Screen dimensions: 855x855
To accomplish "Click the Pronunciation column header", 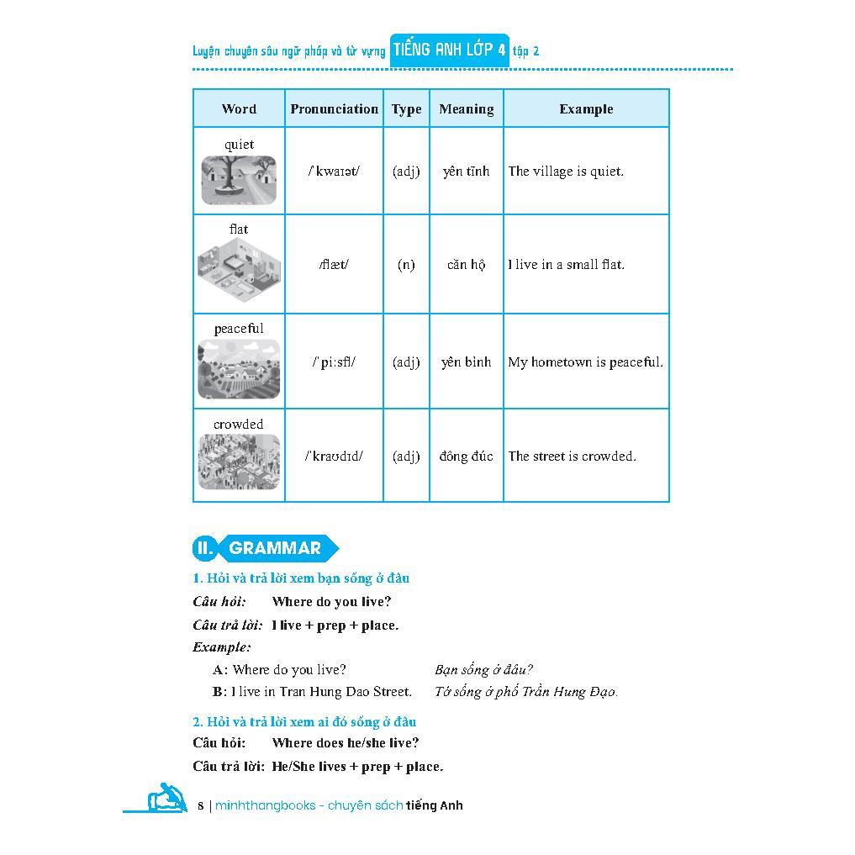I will click(x=334, y=108).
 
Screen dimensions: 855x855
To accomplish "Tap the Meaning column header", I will click(x=466, y=108).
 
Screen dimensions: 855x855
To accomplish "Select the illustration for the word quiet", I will click(x=239, y=180).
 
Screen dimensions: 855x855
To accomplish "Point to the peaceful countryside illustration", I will click(x=239, y=369).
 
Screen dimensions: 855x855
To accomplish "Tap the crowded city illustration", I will click(x=239, y=462).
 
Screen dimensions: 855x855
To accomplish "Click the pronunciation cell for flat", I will click(x=334, y=264).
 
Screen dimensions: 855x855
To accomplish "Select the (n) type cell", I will click(x=406, y=264).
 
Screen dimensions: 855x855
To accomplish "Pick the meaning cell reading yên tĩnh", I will click(x=466, y=171).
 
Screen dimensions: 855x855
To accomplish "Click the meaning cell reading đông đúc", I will click(x=466, y=456).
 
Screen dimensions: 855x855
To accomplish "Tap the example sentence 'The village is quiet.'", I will click(x=566, y=171).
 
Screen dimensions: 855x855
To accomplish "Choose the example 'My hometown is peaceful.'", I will click(x=585, y=362).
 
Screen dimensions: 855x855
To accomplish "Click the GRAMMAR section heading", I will click(x=274, y=548).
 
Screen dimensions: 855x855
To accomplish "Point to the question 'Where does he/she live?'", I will click(x=346, y=742).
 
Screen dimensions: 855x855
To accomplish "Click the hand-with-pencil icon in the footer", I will click(x=166, y=798).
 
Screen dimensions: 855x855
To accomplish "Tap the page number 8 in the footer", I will click(x=201, y=805).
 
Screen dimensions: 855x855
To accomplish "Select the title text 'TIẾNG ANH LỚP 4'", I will click(x=449, y=50).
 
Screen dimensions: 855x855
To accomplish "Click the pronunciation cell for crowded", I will click(x=334, y=456).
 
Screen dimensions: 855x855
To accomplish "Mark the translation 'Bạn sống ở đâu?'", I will click(x=483, y=670).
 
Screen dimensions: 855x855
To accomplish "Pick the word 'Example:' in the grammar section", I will click(x=221, y=647).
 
